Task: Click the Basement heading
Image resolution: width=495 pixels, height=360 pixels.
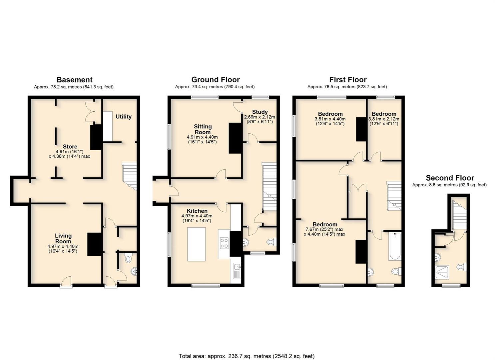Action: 75,80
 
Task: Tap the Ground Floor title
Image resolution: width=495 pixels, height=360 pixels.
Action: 216,80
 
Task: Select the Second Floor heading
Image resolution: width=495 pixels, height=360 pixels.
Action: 450,178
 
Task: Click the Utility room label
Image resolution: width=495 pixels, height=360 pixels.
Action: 124,117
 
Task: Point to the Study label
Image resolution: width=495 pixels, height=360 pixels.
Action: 260,112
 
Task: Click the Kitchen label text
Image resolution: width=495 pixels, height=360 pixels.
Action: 197,211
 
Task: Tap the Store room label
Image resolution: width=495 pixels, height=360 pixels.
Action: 70,146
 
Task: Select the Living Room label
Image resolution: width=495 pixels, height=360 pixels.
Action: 63,238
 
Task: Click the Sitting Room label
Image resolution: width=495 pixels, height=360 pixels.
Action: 203,129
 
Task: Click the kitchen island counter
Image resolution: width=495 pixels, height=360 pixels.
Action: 197,244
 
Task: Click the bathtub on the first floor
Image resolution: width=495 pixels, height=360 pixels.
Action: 395,246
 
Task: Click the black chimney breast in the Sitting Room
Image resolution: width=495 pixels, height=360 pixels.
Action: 236,138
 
